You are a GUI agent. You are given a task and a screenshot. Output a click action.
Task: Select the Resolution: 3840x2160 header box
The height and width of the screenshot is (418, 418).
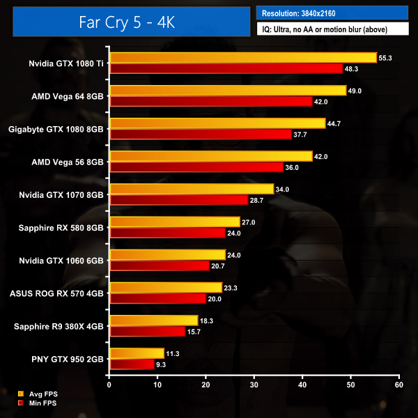pos(332,13)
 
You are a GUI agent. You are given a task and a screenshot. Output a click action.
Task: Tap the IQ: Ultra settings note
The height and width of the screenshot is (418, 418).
pos(332,29)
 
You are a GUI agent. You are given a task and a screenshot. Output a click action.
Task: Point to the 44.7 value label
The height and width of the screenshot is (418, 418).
pos(335,123)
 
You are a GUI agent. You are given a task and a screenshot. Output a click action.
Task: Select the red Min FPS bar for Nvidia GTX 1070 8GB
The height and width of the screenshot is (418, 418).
pos(179,200)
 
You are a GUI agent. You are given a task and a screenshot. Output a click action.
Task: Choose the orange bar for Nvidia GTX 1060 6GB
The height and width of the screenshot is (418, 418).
pos(167,255)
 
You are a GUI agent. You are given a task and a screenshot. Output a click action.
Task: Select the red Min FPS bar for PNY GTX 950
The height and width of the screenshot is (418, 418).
pos(132,364)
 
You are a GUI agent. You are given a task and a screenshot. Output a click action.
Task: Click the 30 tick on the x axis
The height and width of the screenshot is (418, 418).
pos(254,384)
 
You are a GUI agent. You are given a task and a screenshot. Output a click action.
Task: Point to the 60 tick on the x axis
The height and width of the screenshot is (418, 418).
pos(398,384)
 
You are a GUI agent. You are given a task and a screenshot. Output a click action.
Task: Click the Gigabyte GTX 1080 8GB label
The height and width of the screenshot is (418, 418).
pos(56,129)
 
